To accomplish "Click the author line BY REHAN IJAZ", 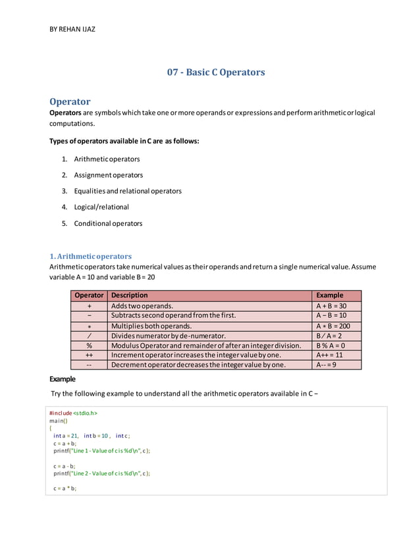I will [x=72, y=30].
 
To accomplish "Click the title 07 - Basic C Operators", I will [x=216, y=72].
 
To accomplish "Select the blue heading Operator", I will [x=70, y=101].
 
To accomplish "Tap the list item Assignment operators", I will [x=108, y=175].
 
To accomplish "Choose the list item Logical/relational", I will [x=101, y=207].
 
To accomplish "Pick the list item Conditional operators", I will [x=108, y=223].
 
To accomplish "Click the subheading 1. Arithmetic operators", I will [x=91, y=256].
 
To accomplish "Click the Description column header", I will [x=130, y=295].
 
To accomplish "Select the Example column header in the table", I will [x=329, y=295].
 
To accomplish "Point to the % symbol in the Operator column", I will [x=89, y=345].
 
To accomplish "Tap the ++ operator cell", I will [x=89, y=354].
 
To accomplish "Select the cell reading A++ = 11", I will [x=329, y=354].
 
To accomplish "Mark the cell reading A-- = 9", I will [x=327, y=364].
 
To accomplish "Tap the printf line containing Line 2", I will [x=102, y=474].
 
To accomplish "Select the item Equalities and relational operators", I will [x=128, y=191].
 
